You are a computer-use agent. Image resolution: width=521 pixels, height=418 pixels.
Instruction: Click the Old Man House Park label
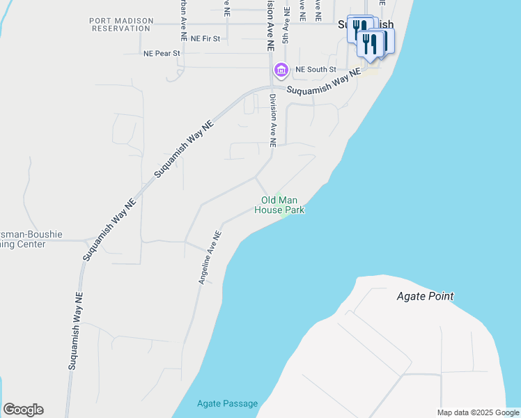[x=279, y=205]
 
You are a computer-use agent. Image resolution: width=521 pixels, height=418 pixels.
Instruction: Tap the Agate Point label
[x=425, y=296]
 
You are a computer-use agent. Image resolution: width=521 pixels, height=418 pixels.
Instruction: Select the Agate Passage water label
[x=227, y=403]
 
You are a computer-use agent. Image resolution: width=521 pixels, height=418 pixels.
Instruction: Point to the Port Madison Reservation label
[x=121, y=25]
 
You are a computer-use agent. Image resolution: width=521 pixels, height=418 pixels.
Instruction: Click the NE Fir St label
[x=205, y=38]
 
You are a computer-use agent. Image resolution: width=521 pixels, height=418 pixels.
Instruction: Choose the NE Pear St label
[x=162, y=53]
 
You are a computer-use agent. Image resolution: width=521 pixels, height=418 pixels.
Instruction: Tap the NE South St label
[x=316, y=70]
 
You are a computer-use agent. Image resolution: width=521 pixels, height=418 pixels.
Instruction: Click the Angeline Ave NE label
[x=210, y=258]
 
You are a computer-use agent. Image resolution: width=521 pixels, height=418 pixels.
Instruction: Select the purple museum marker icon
[x=281, y=70]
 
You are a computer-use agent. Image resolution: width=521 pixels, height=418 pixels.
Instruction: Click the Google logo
[x=23, y=410]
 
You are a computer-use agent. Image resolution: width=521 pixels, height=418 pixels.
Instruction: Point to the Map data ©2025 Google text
[x=478, y=412]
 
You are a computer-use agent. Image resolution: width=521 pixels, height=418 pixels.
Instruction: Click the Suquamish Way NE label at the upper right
[x=325, y=82]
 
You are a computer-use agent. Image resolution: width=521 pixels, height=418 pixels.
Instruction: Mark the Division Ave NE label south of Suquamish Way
[x=273, y=121]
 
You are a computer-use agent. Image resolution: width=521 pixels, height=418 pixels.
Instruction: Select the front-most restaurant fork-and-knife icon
[x=370, y=44]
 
